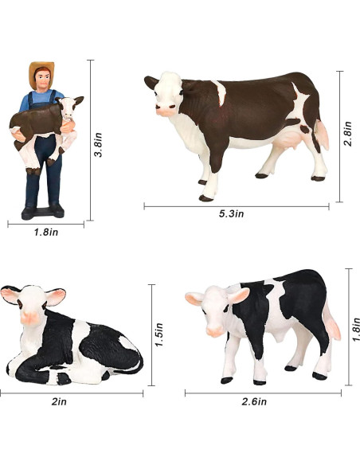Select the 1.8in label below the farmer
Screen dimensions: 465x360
47,232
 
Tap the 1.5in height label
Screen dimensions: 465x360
160,334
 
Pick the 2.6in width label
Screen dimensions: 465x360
263,402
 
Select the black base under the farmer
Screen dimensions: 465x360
43,212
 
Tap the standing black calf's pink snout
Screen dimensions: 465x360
214,327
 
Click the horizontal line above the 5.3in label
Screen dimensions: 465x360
237,206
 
